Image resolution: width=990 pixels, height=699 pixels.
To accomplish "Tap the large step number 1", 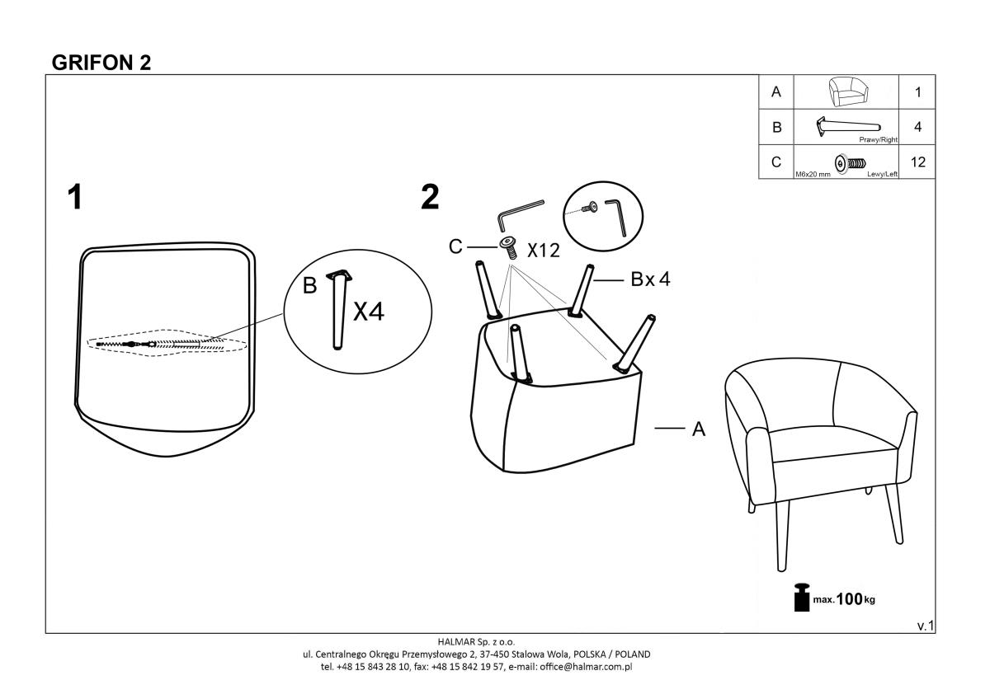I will (75, 198).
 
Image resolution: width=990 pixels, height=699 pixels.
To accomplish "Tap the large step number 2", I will (430, 198).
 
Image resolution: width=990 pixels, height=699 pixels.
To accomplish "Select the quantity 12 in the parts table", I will (918, 162).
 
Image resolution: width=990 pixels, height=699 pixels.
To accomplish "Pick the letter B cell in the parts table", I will (775, 128).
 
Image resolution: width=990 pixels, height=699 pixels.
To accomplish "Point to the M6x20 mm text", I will (813, 174).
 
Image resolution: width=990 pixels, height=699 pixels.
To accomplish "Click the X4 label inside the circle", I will (369, 312).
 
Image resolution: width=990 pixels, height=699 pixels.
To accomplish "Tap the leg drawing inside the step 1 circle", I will (337, 309).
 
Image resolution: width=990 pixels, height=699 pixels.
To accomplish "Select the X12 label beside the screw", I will (544, 251).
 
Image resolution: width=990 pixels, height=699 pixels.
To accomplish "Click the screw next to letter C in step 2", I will (508, 246).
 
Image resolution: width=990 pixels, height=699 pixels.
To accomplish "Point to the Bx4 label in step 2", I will (650, 279).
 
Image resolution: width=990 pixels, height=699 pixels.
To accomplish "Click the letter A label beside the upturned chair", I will (698, 429).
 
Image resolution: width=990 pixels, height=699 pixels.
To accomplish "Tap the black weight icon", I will (800, 598).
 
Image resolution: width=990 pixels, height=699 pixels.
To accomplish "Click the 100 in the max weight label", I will (850, 599).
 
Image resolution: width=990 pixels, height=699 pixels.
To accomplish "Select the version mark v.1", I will (925, 626).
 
